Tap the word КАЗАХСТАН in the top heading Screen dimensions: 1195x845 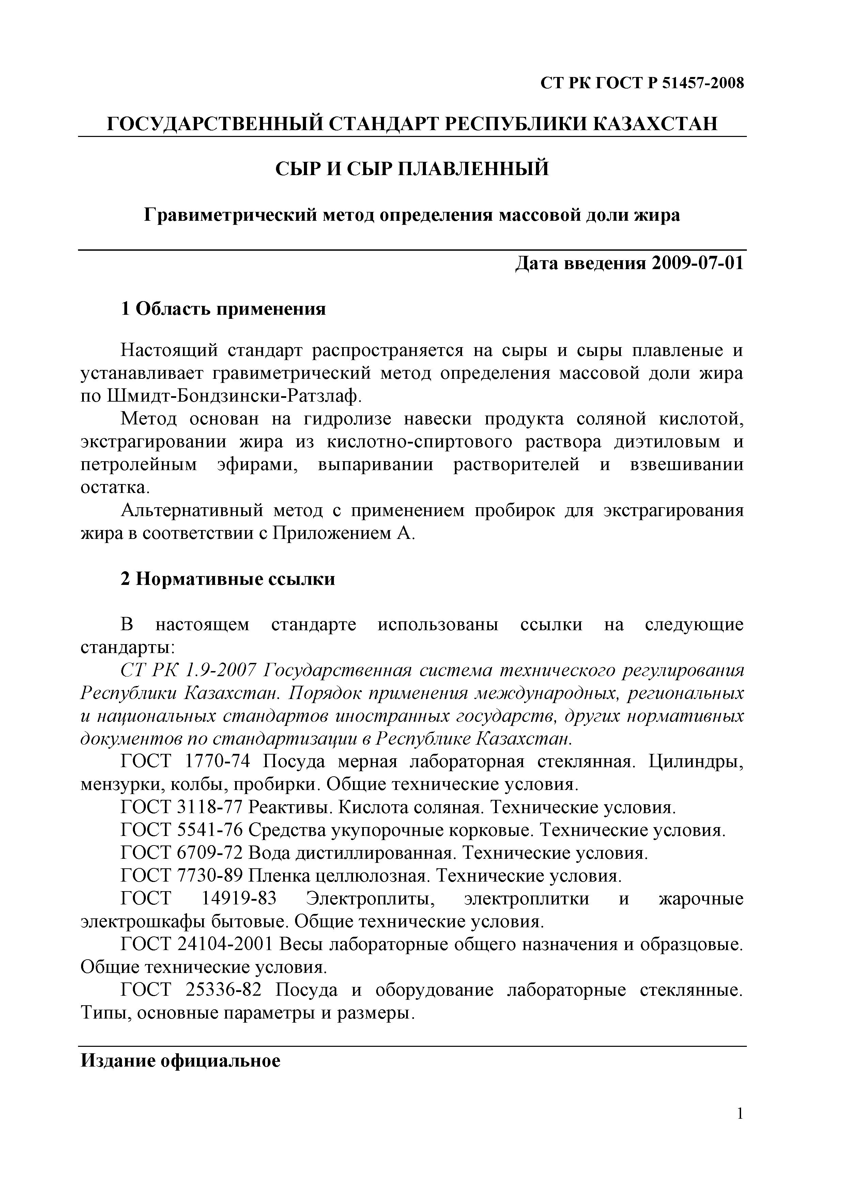[x=655, y=124]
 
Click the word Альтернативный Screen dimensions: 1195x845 [x=192, y=511]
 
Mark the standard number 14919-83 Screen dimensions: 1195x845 [x=239, y=899]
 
